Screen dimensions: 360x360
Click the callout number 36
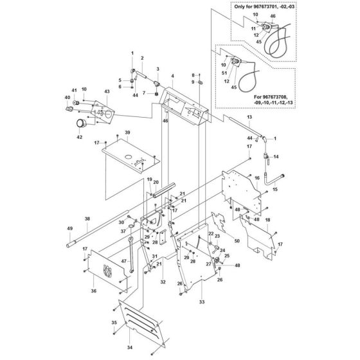pos(93,291)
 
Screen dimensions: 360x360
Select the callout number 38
pos(87,218)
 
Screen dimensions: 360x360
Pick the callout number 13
pos(249,118)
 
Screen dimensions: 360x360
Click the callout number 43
pos(107,92)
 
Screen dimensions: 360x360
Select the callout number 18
pos(267,220)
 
